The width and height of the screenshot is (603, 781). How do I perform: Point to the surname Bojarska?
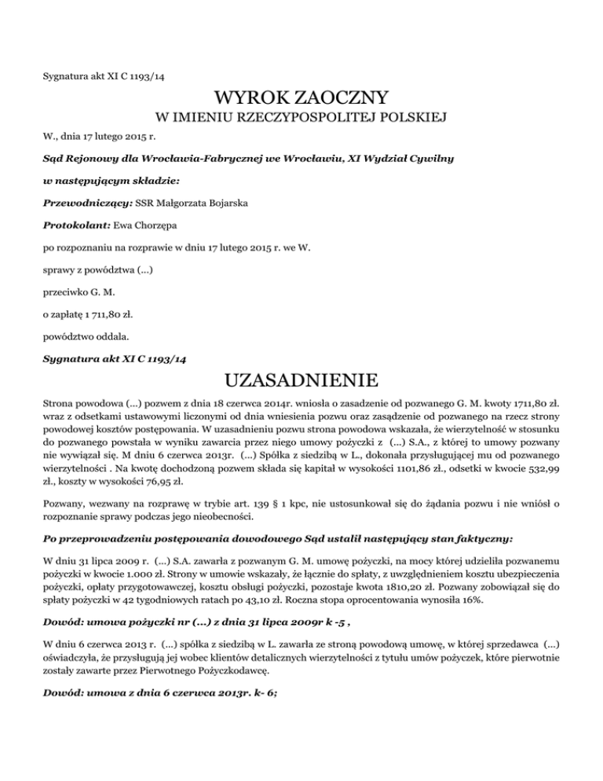tap(222, 203)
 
